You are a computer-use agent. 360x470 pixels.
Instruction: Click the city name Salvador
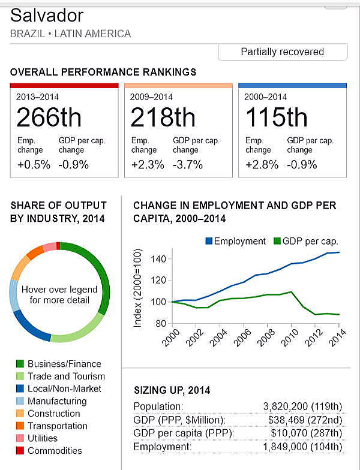[47, 15]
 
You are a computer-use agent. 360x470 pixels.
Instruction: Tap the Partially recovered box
[282, 52]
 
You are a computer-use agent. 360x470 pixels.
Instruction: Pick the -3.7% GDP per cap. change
[188, 164]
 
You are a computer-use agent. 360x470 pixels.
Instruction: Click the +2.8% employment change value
[262, 164]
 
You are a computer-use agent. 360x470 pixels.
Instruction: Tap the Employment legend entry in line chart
[235, 241]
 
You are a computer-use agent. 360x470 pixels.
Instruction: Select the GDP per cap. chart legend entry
[306, 241]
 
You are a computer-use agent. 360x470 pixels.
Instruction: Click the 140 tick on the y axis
[157, 259]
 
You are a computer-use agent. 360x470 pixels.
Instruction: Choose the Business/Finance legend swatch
[20, 364]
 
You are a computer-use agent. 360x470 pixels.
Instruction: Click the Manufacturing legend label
[57, 401]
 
